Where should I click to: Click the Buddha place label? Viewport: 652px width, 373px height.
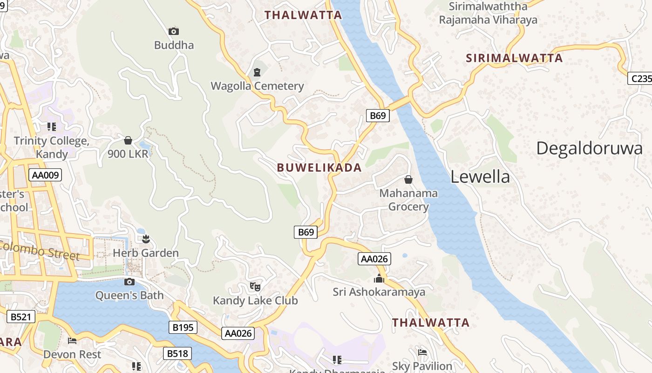point(174,45)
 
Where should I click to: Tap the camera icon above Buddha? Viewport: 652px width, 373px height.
point(174,31)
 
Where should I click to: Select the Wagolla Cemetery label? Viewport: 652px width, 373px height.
point(257,86)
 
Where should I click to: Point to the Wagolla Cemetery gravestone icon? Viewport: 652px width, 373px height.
point(257,72)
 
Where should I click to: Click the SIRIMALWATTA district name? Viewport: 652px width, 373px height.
point(515,58)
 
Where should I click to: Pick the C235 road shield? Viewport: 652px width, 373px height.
point(641,78)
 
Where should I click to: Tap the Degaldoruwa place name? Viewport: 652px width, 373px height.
point(589,148)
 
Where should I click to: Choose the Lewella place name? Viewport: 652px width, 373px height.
point(480,177)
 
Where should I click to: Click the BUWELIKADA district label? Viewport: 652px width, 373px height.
point(319,168)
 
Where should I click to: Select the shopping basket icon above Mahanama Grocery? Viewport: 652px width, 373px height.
point(408,180)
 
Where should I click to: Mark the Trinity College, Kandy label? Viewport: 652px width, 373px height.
point(51,147)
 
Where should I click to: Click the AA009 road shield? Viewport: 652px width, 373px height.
point(45,175)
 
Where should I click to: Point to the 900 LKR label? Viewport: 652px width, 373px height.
point(128,154)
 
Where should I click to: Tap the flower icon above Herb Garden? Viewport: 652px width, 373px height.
point(146,239)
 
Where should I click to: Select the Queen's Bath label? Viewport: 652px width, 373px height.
point(129,295)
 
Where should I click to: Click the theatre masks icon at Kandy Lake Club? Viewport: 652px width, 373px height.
point(255,287)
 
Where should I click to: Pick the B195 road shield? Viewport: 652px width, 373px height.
point(183,327)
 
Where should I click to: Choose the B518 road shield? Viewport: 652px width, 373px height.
point(177,354)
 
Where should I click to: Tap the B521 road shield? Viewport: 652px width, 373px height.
point(21,317)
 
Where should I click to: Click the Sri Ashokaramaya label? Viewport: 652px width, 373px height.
point(379,292)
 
